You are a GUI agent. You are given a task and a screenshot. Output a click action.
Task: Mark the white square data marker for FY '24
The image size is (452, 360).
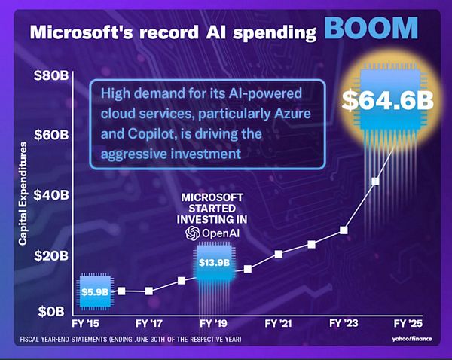(374, 181)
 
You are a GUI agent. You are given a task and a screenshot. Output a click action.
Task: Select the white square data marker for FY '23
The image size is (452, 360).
(344, 230)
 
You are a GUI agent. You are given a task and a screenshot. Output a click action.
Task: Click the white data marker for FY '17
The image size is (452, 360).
(149, 291)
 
